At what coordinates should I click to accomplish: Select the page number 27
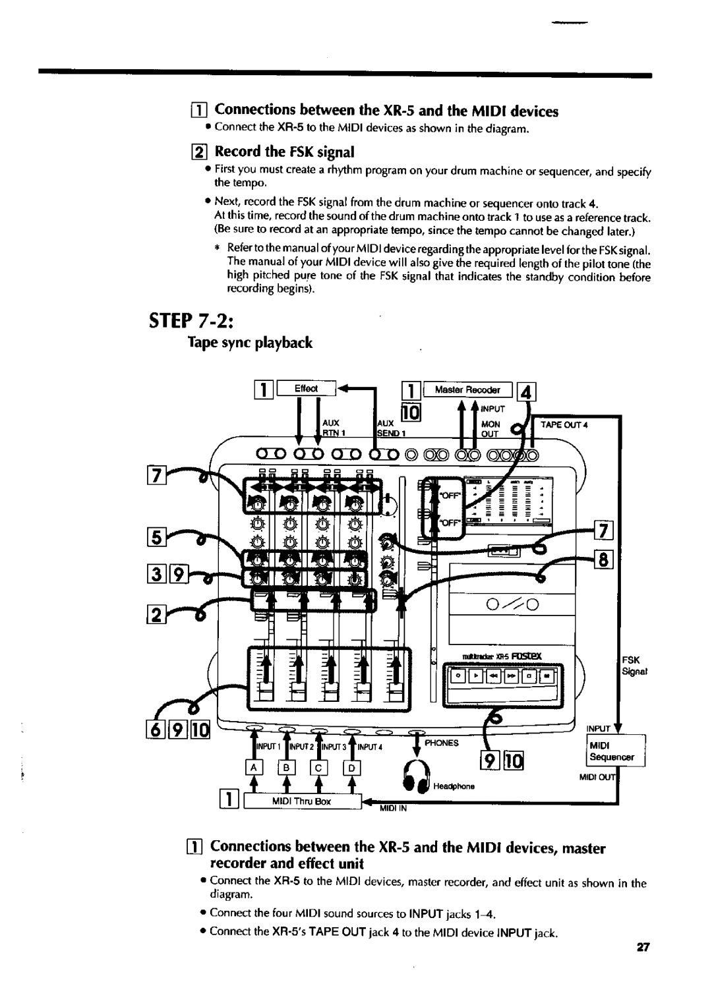644,948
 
